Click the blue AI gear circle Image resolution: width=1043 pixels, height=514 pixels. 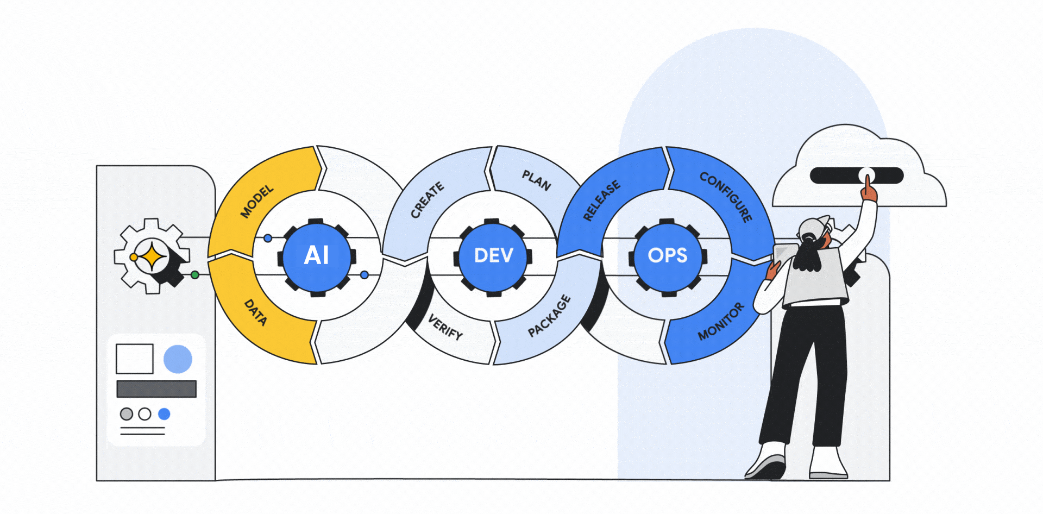(317, 255)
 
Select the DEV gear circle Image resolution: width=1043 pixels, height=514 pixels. (493, 255)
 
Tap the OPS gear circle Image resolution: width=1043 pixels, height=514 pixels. (668, 255)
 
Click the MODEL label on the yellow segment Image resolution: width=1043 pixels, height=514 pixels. (257, 202)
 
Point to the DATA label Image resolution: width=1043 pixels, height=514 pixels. (255, 312)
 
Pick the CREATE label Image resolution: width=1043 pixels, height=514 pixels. (427, 200)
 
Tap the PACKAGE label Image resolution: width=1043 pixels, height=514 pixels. (549, 316)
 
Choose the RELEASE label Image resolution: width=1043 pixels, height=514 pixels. (601, 200)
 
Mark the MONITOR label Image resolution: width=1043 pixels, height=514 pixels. (721, 322)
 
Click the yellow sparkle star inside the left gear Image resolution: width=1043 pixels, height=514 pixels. (152, 256)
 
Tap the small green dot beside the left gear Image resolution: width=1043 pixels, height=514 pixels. (194, 275)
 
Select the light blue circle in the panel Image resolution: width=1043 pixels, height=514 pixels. (178, 359)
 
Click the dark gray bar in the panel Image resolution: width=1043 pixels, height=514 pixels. (156, 389)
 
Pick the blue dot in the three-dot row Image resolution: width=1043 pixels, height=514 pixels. (164, 414)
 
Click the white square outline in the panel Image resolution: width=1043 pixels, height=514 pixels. (135, 359)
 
